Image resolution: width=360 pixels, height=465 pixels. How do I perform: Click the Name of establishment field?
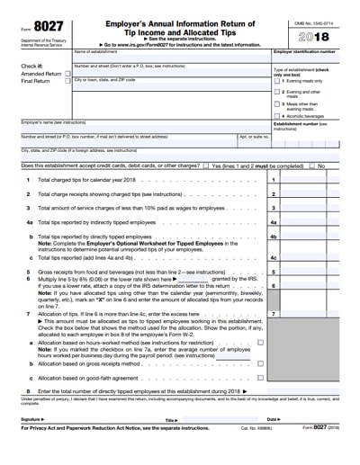[x=171, y=58]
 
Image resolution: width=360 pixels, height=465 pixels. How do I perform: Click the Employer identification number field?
[x=311, y=58]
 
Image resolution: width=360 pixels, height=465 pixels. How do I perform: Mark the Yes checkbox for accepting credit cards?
[x=206, y=166]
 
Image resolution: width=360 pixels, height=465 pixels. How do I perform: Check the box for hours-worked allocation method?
[x=260, y=342]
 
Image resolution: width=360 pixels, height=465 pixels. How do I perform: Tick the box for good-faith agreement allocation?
[x=260, y=378]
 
